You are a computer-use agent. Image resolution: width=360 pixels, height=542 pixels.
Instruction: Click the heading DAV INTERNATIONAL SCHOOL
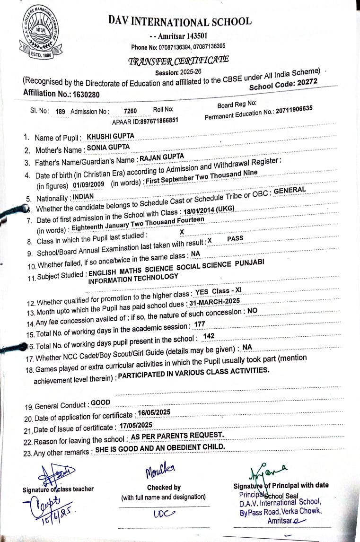pyautogui.click(x=180, y=21)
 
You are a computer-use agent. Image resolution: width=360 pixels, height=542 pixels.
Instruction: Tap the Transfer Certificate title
pyautogui.click(x=179, y=60)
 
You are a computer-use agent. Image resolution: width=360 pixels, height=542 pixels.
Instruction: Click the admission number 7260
pyautogui.click(x=130, y=111)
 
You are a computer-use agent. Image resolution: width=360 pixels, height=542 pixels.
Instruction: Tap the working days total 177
pyautogui.click(x=200, y=323)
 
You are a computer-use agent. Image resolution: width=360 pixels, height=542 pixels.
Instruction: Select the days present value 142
pyautogui.click(x=209, y=336)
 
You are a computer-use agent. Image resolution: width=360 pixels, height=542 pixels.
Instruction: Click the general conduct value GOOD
pyautogui.click(x=100, y=403)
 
